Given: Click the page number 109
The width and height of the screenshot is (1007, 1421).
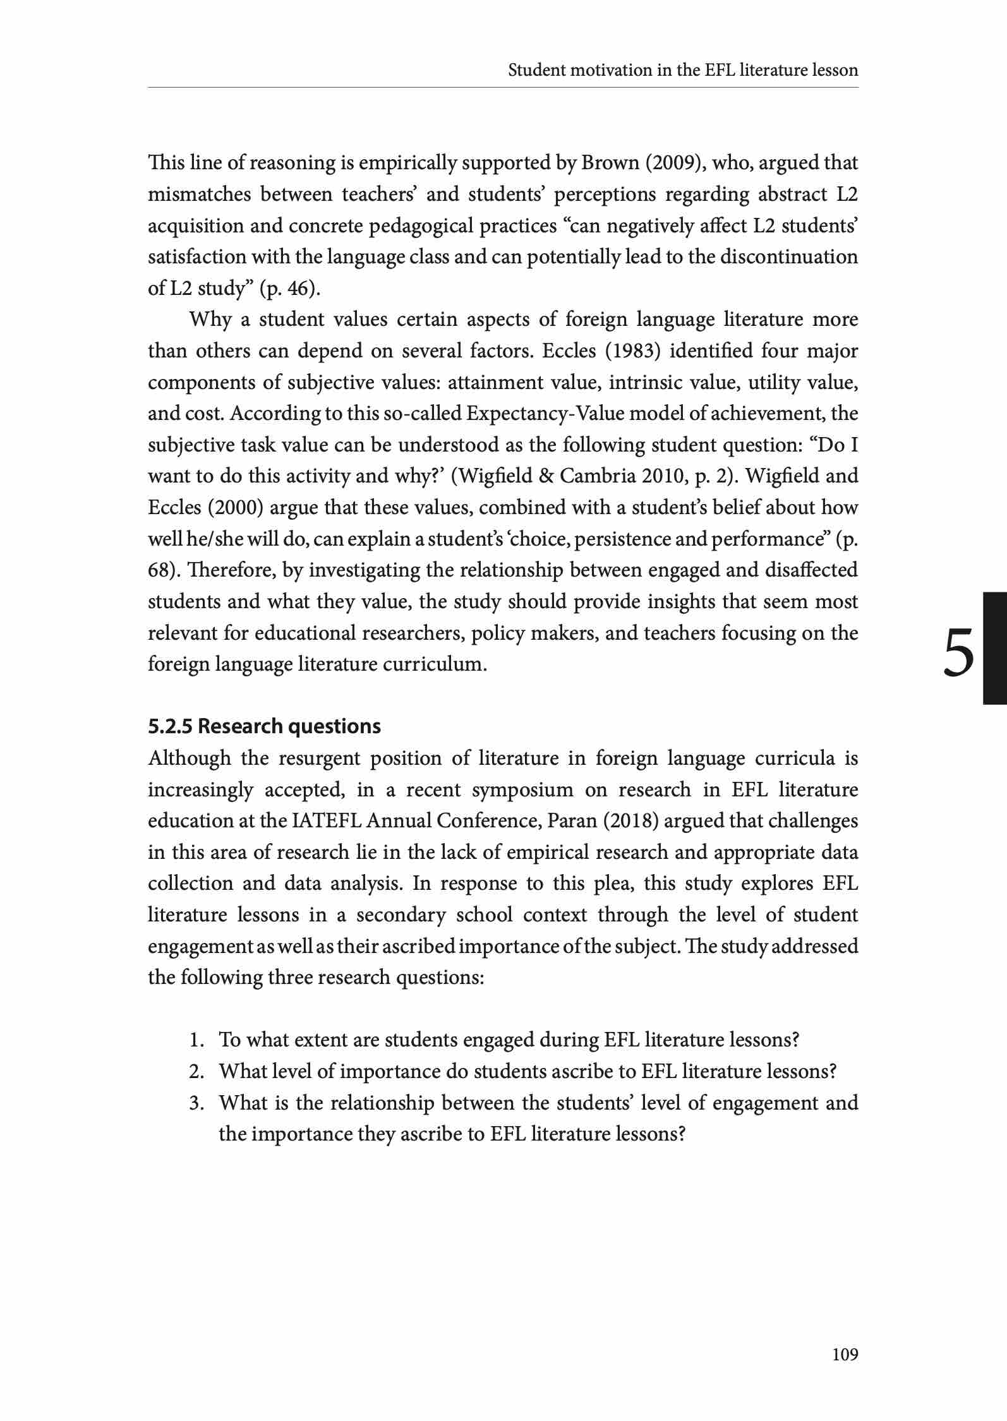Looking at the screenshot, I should [845, 1354].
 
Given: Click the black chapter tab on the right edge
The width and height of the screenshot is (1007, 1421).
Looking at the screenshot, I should [994, 648].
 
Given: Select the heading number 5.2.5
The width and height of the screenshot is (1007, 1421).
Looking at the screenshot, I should [171, 726].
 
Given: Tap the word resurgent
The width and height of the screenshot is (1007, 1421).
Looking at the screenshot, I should [320, 758].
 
